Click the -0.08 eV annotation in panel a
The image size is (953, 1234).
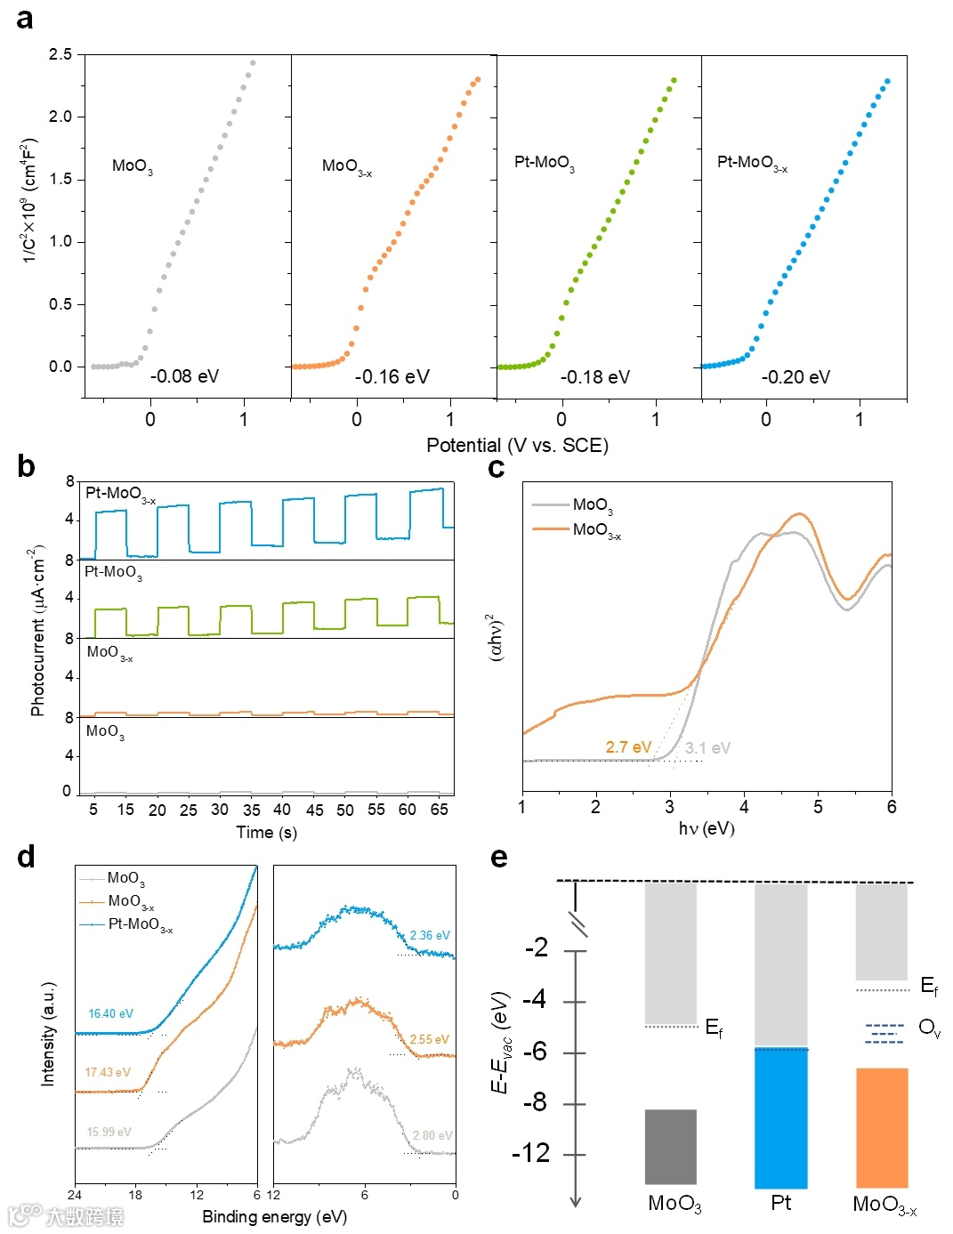184,376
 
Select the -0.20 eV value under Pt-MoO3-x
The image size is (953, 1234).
796,377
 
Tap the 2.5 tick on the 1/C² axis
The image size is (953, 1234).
61,54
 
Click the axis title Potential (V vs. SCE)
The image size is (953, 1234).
517,445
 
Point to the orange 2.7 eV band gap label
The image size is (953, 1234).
628,747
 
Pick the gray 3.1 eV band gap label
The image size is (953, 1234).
707,748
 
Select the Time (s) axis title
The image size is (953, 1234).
266,833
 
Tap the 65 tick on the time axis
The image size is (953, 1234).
439,810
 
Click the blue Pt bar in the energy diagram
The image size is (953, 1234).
780,1118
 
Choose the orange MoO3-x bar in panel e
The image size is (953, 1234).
881,1127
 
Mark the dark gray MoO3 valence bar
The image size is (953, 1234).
670,1146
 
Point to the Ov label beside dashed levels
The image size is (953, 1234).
929,1028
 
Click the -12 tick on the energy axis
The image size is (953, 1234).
531,1153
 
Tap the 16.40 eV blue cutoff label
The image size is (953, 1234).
110,1014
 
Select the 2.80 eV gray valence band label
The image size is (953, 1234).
432,1136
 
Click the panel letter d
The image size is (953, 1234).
27,856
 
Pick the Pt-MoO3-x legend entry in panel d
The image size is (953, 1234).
140,924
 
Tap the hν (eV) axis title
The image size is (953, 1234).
707,828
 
